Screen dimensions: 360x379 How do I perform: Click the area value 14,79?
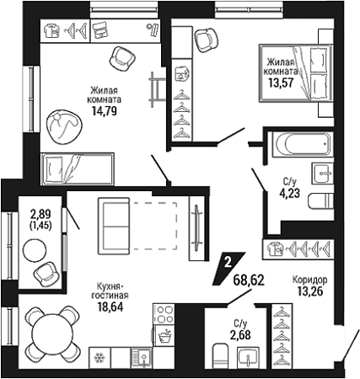pos(105,111)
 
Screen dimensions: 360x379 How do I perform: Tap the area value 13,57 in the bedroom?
pos(282,83)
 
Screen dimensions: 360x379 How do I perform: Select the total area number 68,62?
pos(249,280)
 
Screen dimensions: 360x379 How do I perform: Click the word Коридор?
pos(309,280)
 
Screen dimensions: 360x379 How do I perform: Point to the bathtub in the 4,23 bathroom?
pos(303,143)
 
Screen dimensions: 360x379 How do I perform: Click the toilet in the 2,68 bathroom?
pos(222,355)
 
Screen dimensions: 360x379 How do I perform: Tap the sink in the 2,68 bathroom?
pos(248,357)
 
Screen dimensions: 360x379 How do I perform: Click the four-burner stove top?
pos(164,314)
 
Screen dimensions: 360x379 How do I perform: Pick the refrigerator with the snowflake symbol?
pos(99,357)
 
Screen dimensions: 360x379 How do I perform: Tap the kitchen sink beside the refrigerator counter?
pos(142,358)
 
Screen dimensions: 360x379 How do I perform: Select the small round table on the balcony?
pos(35,250)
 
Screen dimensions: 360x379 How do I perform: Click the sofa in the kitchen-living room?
pos(114,226)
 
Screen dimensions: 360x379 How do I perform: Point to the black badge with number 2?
pos(228,269)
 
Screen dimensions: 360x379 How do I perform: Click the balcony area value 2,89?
pos(41,215)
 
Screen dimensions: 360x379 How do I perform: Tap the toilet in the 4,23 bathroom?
pos(320,201)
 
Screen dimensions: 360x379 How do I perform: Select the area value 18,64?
pos(110,307)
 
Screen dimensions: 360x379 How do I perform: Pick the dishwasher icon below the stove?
pos(164,336)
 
